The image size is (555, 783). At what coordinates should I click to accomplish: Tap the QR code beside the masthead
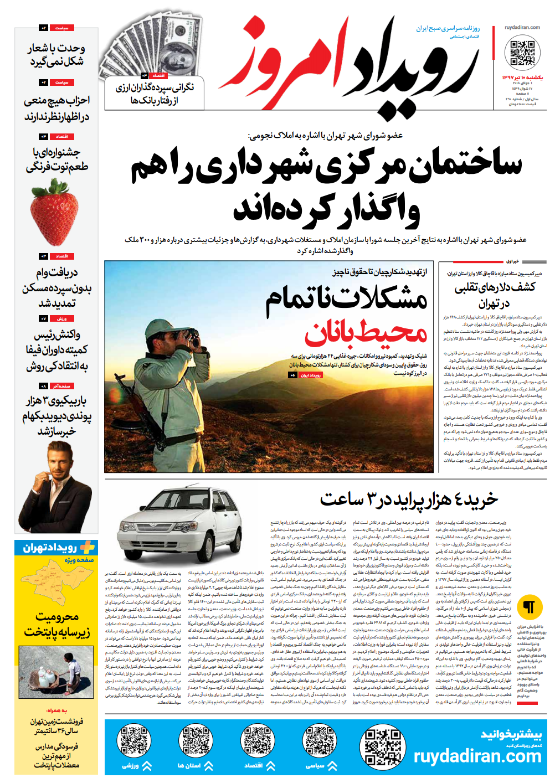pyautogui.click(x=522, y=53)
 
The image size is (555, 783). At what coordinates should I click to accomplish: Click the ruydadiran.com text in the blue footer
pyautogui.click(x=477, y=756)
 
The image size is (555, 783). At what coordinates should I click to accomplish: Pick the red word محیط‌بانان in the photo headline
pyautogui.click(x=366, y=333)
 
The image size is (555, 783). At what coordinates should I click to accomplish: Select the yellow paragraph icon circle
pyautogui.click(x=529, y=607)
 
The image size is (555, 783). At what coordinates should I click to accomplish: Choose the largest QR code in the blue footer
pyautogui.click(x=383, y=748)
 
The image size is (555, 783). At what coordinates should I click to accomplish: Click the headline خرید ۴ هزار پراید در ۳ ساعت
pyautogui.click(x=409, y=499)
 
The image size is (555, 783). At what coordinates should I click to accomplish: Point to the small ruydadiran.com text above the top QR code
pyautogui.click(x=522, y=27)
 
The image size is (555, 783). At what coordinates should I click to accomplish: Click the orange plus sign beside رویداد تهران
pyautogui.click(x=87, y=548)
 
